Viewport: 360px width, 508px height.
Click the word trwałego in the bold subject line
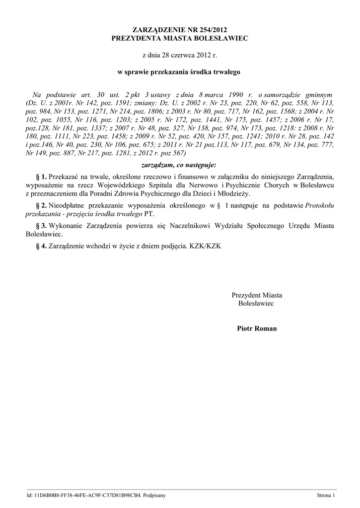click(x=226, y=72)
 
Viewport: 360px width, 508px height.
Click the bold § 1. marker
click(x=41, y=176)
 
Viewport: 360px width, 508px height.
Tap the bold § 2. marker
click(x=41, y=205)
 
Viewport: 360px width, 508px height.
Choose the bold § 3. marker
click(x=41, y=226)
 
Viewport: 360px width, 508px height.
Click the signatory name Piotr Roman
click(x=257, y=328)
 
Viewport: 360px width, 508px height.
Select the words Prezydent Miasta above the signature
click(x=257, y=295)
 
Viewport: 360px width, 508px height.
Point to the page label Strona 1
click(x=326, y=495)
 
